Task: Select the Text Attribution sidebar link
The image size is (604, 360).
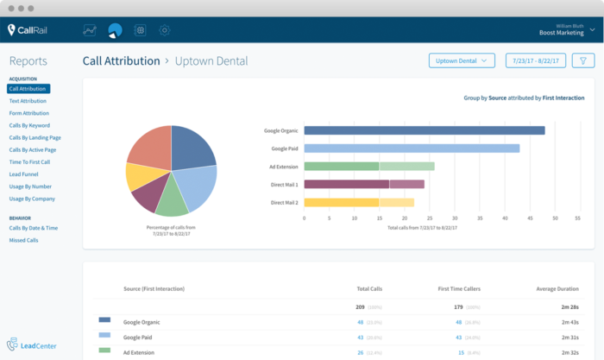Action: [28, 101]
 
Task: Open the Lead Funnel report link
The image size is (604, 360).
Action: [24, 174]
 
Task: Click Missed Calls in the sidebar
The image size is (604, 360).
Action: [23, 240]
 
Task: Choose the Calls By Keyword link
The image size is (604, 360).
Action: [29, 125]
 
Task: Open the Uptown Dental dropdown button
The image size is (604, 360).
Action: [462, 60]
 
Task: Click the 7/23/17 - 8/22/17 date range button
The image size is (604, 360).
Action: [535, 60]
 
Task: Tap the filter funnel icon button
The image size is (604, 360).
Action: [583, 60]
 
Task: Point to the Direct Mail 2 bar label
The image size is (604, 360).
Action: [284, 202]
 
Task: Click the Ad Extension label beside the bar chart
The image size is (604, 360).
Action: [284, 166]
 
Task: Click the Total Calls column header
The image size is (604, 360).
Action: [368, 288]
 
